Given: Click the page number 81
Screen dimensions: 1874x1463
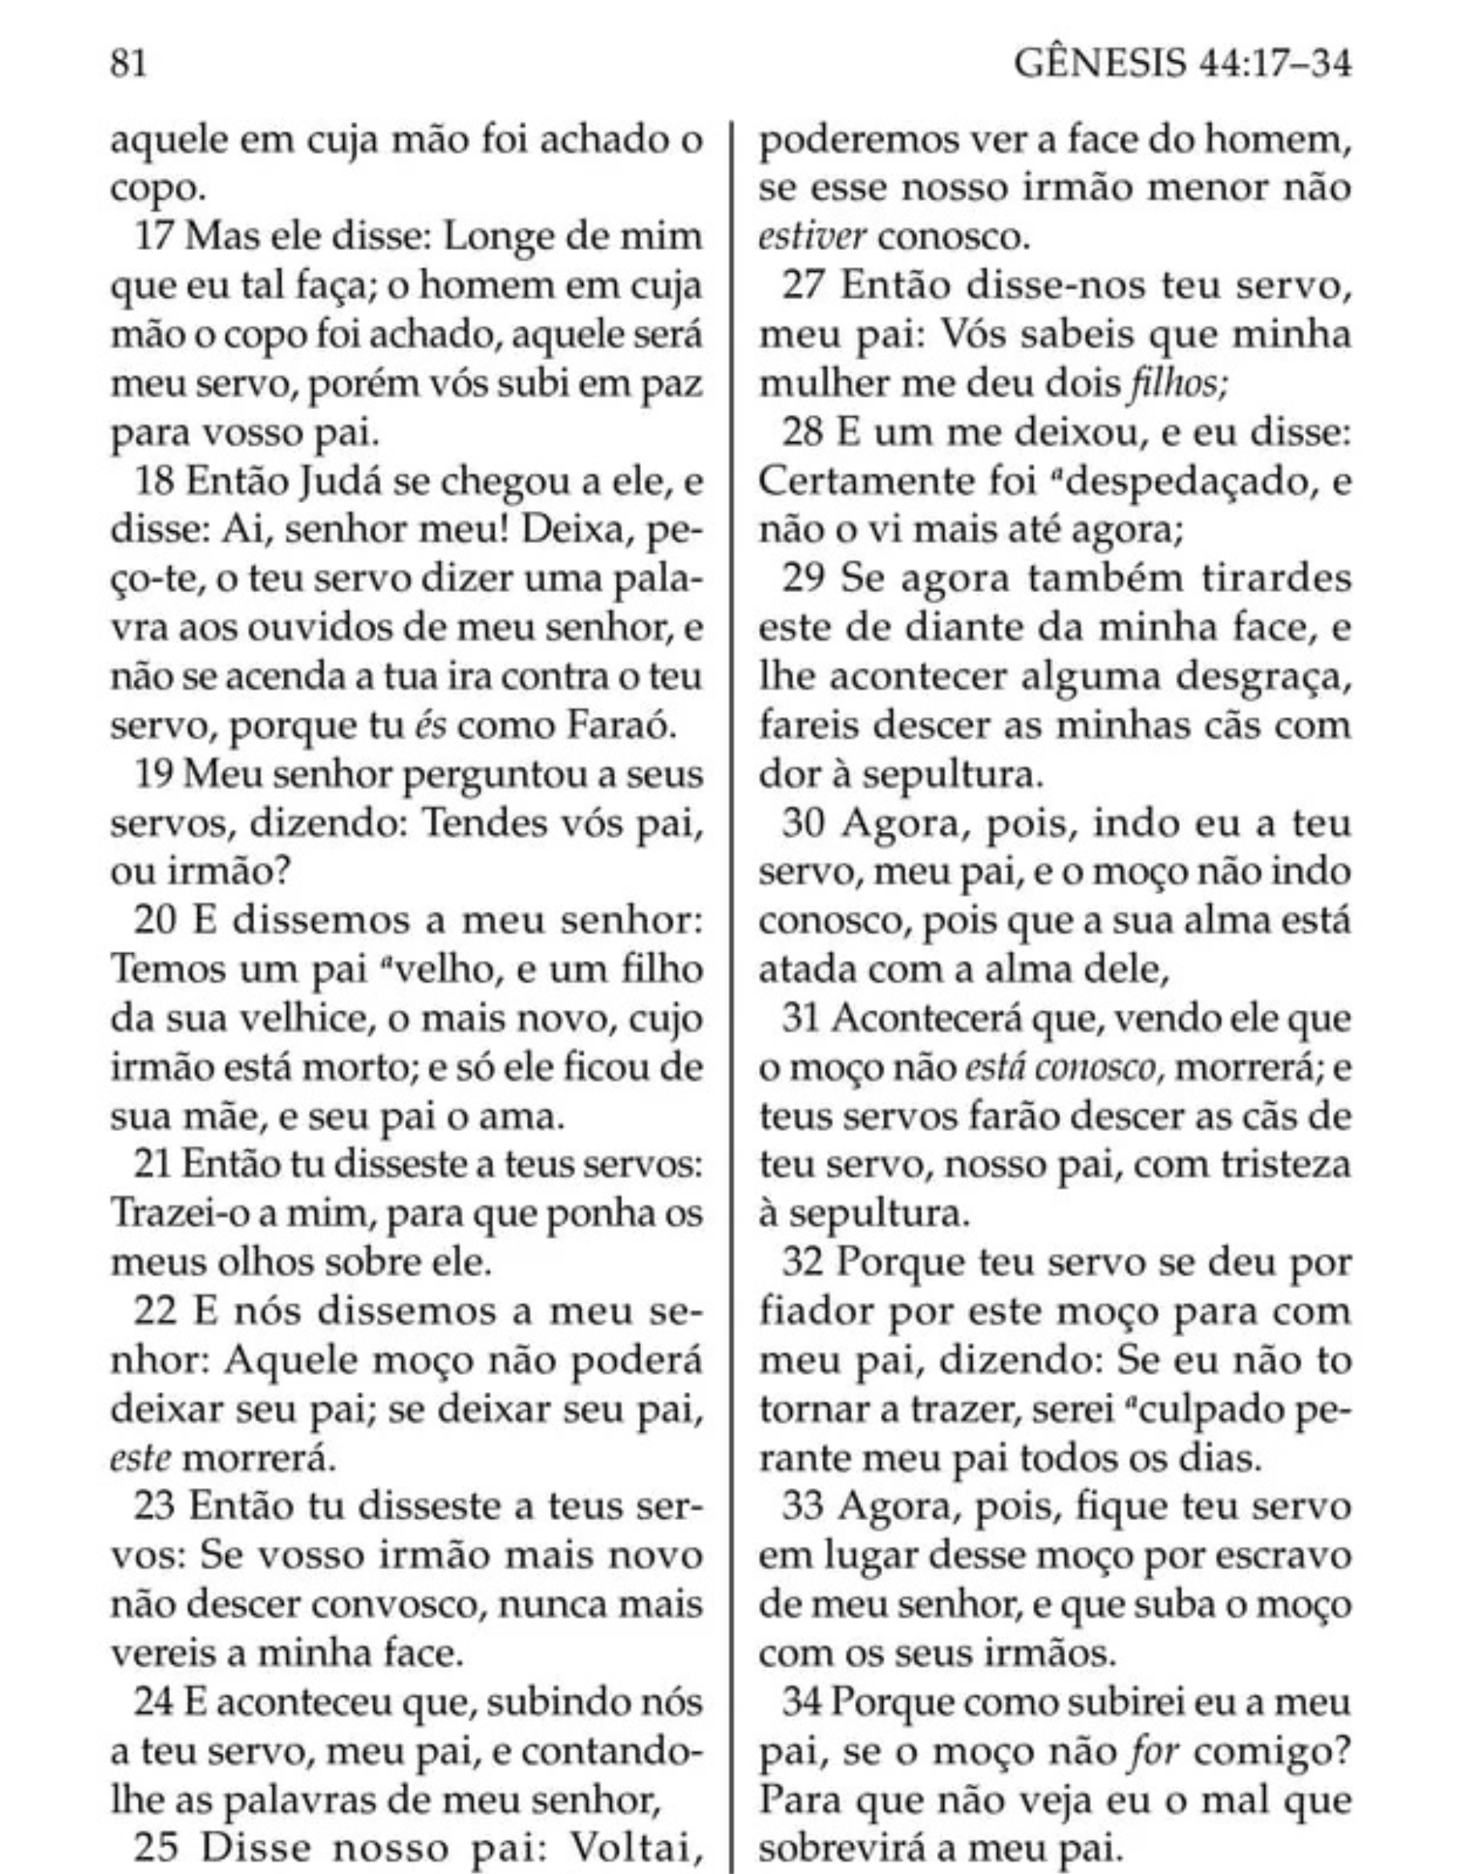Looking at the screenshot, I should click(128, 63).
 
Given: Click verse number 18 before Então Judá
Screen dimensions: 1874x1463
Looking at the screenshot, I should click(156, 482).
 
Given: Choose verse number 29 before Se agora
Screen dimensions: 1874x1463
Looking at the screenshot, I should click(804, 580).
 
